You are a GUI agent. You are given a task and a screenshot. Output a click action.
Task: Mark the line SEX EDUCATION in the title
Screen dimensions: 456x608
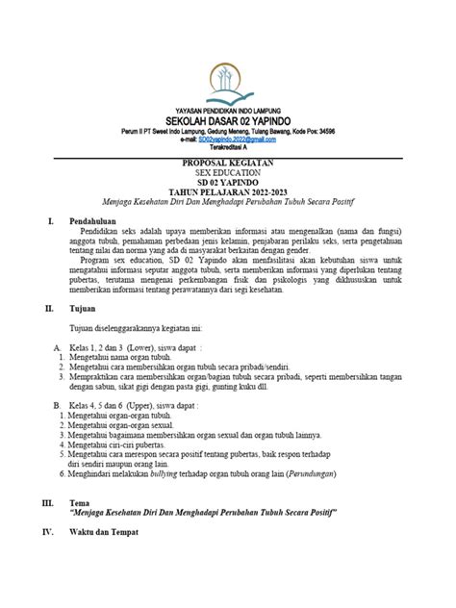tap(228, 173)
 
